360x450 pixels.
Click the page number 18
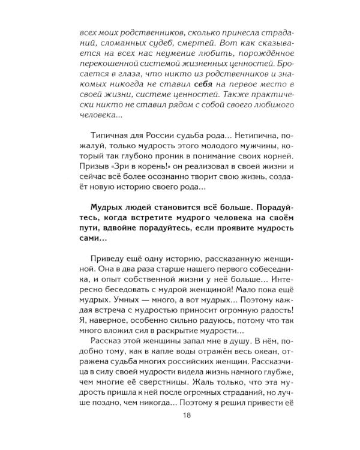180,430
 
